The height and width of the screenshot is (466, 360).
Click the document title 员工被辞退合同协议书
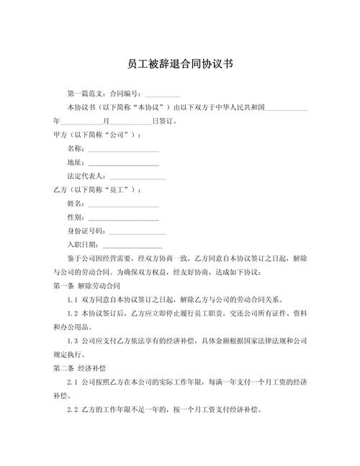tap(180, 63)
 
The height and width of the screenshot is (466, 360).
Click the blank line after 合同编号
tap(162, 95)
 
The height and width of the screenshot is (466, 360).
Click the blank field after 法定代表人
tap(138, 177)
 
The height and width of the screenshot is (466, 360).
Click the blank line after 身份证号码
tap(138, 232)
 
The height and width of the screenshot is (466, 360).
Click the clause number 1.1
tap(72, 300)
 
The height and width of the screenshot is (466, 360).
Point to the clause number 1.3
tap(72, 341)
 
